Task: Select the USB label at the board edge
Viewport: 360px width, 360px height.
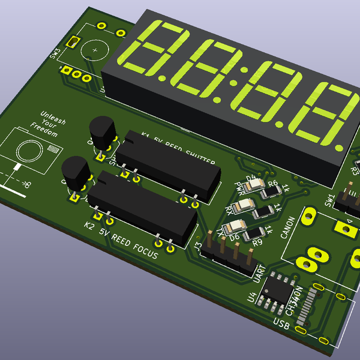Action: tap(281, 324)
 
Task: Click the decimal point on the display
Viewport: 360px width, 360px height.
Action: tap(340, 146)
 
